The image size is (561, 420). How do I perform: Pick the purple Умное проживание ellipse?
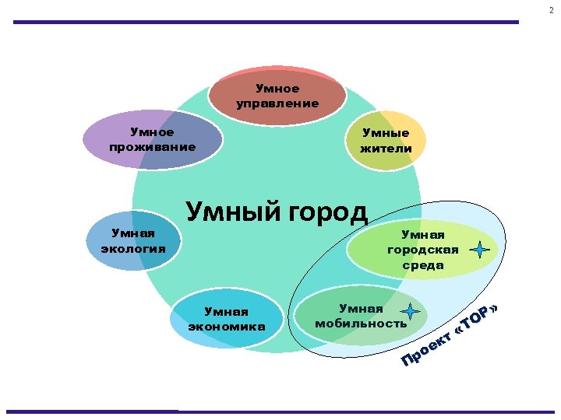point(152,139)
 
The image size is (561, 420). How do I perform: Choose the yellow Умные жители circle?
point(386,140)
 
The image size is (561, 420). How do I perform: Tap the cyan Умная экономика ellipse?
point(226,319)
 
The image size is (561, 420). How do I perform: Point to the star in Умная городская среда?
point(481,250)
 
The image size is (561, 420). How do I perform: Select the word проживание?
point(152,147)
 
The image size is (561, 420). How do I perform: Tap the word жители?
point(386,148)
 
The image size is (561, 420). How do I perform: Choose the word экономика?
point(226,327)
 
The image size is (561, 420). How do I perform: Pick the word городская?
point(423,250)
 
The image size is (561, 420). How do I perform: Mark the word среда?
point(423,265)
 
